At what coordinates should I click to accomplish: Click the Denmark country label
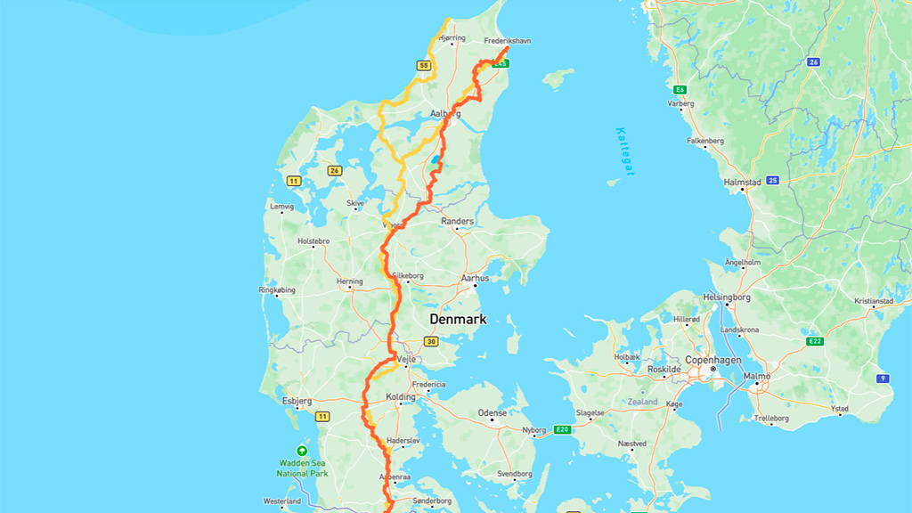457,319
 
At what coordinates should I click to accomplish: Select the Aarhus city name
475,278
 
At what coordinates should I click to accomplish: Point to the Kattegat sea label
625,151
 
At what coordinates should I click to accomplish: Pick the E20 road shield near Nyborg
561,430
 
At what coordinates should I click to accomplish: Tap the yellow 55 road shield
424,66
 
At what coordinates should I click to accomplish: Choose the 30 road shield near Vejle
431,341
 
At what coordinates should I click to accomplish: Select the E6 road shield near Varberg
680,90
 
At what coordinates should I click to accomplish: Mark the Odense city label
492,412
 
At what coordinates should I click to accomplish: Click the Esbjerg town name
297,401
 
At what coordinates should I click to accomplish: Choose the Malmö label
758,376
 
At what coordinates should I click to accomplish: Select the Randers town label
458,221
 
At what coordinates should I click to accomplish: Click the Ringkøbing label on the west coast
276,289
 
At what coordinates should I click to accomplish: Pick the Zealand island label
642,402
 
